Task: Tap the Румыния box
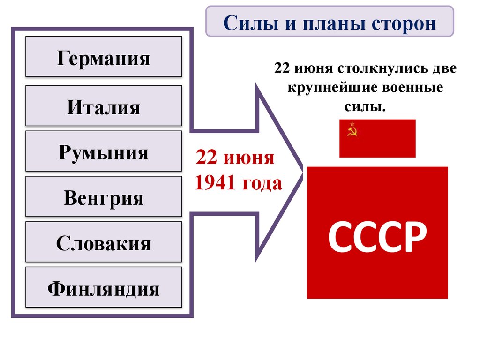point(104,151)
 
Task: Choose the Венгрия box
point(104,197)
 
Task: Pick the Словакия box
point(104,242)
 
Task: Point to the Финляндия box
point(104,288)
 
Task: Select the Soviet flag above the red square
point(377,138)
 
